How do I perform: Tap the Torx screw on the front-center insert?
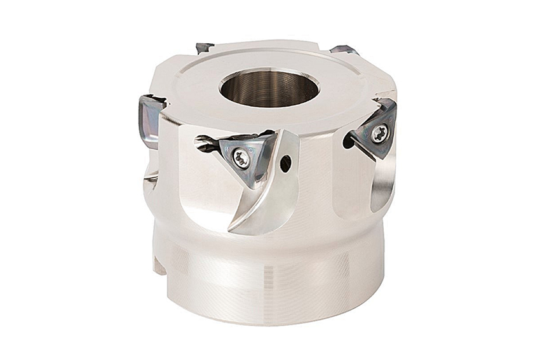tap(241, 158)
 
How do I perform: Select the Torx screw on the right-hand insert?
tap(379, 133)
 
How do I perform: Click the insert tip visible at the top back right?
tap(344, 50)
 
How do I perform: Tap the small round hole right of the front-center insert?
tap(285, 163)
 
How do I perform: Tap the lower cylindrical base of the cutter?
tap(267, 279)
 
